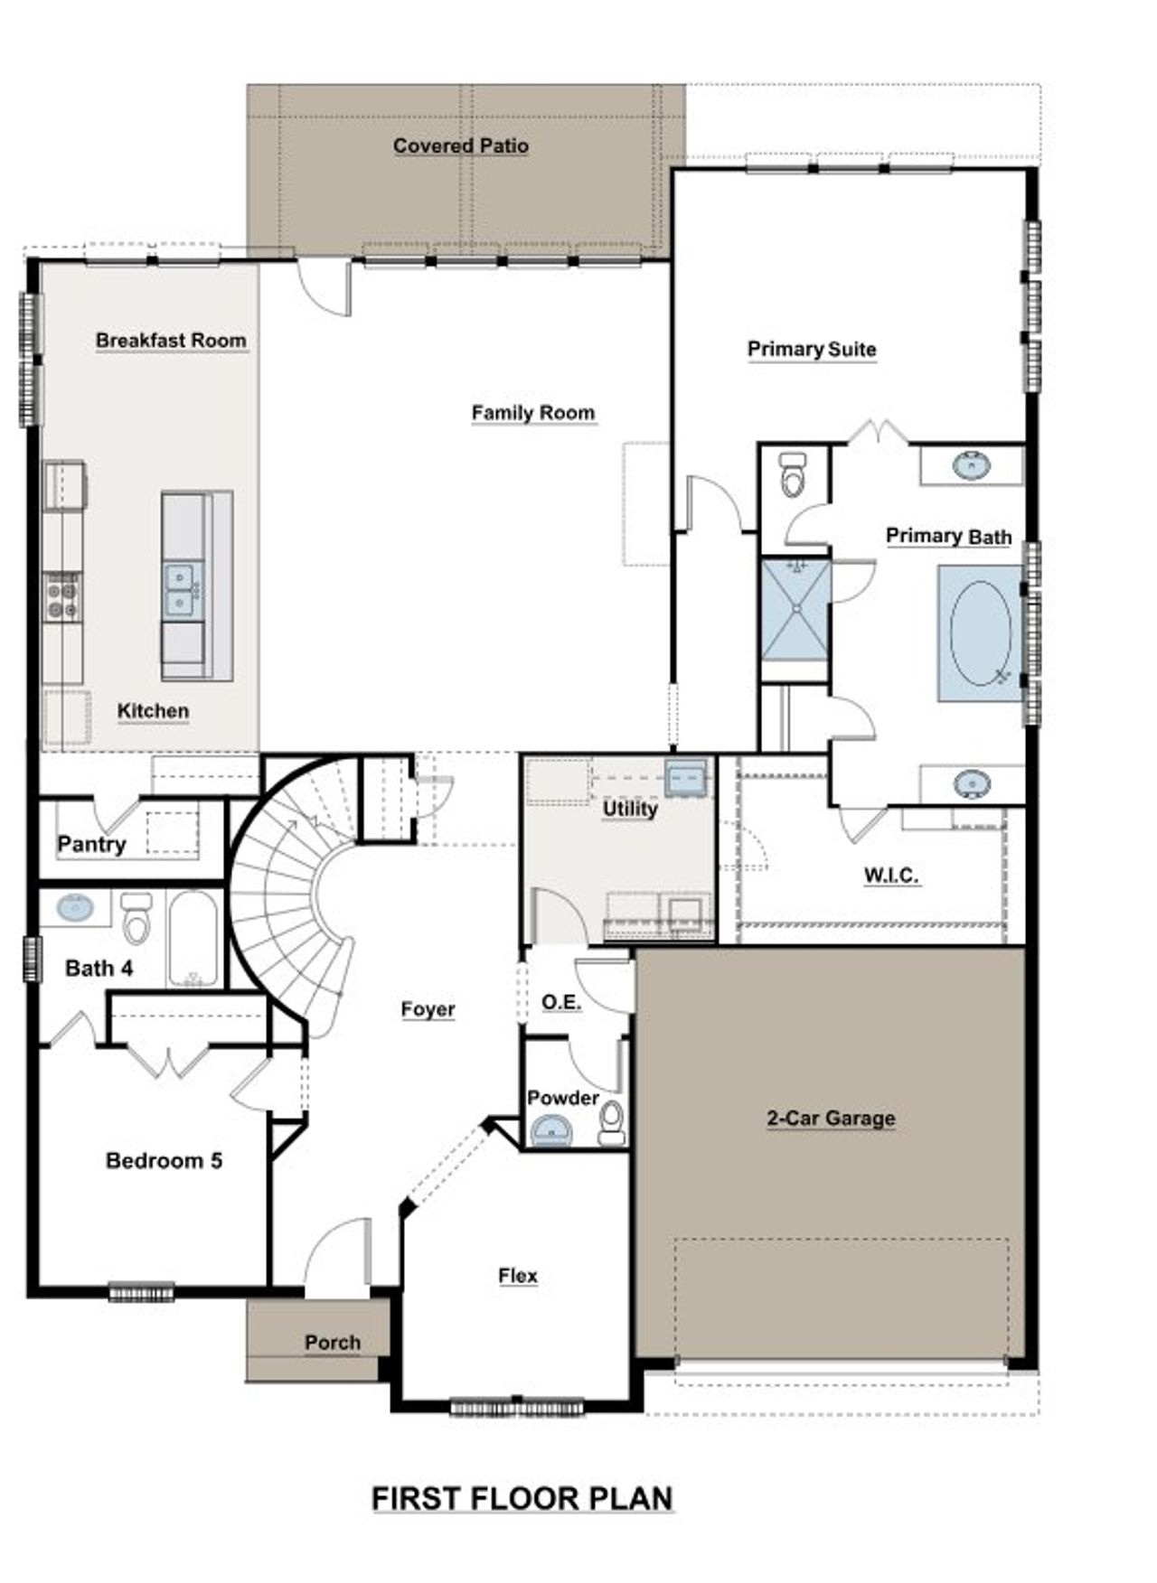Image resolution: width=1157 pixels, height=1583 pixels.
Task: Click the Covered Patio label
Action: [x=460, y=145]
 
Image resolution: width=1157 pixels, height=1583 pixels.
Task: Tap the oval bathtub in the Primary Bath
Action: [x=980, y=632]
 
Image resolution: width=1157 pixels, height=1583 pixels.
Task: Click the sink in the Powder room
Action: [x=550, y=1129]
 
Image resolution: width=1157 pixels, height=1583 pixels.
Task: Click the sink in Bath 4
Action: [x=72, y=907]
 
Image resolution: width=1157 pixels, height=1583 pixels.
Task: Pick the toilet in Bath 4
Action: [x=136, y=917]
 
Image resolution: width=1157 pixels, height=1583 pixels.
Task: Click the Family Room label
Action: [x=532, y=413]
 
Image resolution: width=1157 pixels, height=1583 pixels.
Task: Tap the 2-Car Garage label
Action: [x=831, y=1118]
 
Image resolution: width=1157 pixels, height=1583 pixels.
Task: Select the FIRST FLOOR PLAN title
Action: [x=522, y=1498]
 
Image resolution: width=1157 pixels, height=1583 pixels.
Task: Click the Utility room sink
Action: [x=685, y=775]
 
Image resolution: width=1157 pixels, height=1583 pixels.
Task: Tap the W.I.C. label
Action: [x=891, y=875]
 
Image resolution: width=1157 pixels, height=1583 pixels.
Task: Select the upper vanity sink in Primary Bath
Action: [x=971, y=466]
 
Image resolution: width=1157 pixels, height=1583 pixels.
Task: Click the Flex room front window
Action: [x=517, y=1406]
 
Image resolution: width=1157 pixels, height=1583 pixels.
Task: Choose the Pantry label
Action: [x=91, y=844]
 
